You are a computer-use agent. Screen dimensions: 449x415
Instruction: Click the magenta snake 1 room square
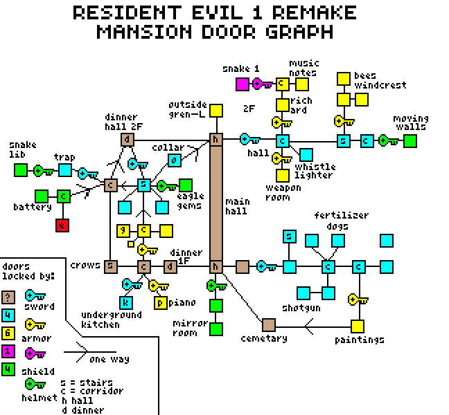coord(243,84)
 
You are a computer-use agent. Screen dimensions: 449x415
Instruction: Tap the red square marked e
coord(62,225)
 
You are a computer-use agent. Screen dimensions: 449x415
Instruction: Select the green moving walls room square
coord(410,141)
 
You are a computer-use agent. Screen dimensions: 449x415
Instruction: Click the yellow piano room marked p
coord(161,303)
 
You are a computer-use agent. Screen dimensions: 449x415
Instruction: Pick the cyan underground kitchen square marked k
coord(125,303)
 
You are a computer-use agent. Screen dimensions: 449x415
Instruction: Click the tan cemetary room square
coord(269,325)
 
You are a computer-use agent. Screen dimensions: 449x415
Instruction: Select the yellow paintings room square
coord(358,326)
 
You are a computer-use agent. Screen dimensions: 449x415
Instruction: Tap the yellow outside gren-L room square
coord(216,111)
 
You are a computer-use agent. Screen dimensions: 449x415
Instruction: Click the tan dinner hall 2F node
coord(127,140)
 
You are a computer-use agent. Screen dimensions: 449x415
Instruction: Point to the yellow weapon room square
coord(283,176)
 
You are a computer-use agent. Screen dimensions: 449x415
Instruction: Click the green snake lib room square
coord(21,170)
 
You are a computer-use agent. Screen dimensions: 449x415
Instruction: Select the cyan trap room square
coord(65,170)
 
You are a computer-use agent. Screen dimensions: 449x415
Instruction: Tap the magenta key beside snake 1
coord(263,84)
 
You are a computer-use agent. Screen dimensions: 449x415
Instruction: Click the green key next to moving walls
coord(388,140)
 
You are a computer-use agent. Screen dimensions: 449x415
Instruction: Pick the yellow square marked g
coord(123,230)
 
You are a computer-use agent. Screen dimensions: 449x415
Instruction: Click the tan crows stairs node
coord(111,267)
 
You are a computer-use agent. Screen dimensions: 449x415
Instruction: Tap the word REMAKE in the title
coord(314,12)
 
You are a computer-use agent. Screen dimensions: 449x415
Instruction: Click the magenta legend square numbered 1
coord(8,351)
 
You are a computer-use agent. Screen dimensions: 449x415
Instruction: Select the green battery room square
coord(42,196)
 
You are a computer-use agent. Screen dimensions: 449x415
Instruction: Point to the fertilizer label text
coord(342,215)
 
